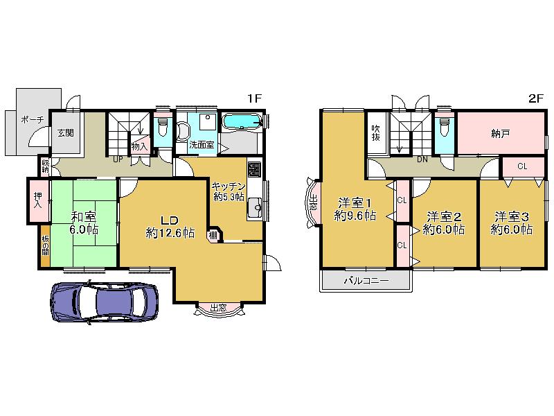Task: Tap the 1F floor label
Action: point(253,99)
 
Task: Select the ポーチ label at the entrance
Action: point(33,119)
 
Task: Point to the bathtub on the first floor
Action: point(242,123)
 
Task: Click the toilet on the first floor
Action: point(163,127)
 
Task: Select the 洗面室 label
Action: point(202,146)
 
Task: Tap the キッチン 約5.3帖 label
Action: point(227,191)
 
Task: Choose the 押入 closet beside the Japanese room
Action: point(38,200)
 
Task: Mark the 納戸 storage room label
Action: point(501,132)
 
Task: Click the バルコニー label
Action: point(366,281)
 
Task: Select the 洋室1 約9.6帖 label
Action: point(355,209)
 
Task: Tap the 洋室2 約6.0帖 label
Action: point(443,222)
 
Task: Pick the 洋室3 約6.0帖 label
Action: point(511,222)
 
